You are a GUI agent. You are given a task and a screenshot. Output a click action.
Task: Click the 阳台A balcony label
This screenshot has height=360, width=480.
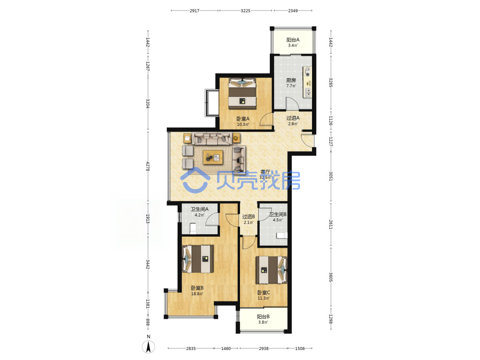[x=293, y=40]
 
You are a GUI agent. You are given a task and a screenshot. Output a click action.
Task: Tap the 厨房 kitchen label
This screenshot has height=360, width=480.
[x=291, y=80]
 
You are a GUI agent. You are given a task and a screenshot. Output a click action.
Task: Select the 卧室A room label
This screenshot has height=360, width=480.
[x=243, y=119]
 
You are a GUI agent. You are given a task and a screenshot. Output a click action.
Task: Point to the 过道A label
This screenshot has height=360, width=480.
[x=293, y=118]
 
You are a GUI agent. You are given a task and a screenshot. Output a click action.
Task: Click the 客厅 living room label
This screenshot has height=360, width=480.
[x=265, y=172]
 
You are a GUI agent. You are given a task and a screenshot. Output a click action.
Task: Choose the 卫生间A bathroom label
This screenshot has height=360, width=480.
[x=199, y=209]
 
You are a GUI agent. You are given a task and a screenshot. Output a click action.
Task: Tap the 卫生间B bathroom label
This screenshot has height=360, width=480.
[x=278, y=214]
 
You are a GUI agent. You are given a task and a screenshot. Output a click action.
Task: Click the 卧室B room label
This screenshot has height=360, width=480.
[x=197, y=288]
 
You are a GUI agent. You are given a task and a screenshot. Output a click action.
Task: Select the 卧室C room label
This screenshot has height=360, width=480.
[x=264, y=293]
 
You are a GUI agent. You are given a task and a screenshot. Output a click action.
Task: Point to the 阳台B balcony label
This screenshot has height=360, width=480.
[x=263, y=316]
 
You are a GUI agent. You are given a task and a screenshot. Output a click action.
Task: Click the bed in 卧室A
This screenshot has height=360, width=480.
[x=242, y=94]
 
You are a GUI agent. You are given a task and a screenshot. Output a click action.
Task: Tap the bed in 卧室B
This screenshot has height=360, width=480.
[x=198, y=259]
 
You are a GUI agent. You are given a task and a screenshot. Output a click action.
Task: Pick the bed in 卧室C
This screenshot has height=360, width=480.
[x=272, y=270]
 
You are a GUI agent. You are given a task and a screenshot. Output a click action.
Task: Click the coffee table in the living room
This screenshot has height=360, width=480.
[x=213, y=157]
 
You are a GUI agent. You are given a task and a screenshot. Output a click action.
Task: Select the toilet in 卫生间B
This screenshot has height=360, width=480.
[x=282, y=235]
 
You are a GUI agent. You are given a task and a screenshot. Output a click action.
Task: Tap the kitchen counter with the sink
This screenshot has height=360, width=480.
[x=307, y=82]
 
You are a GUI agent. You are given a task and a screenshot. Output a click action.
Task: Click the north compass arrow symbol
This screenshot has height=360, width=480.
[x=148, y=347]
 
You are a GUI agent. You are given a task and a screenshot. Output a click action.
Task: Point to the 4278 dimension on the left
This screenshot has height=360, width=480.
[x=147, y=167]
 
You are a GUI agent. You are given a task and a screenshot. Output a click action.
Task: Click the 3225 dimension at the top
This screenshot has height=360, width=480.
[x=245, y=11]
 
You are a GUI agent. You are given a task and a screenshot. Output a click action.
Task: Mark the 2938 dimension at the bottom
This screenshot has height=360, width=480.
[x=264, y=348]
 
